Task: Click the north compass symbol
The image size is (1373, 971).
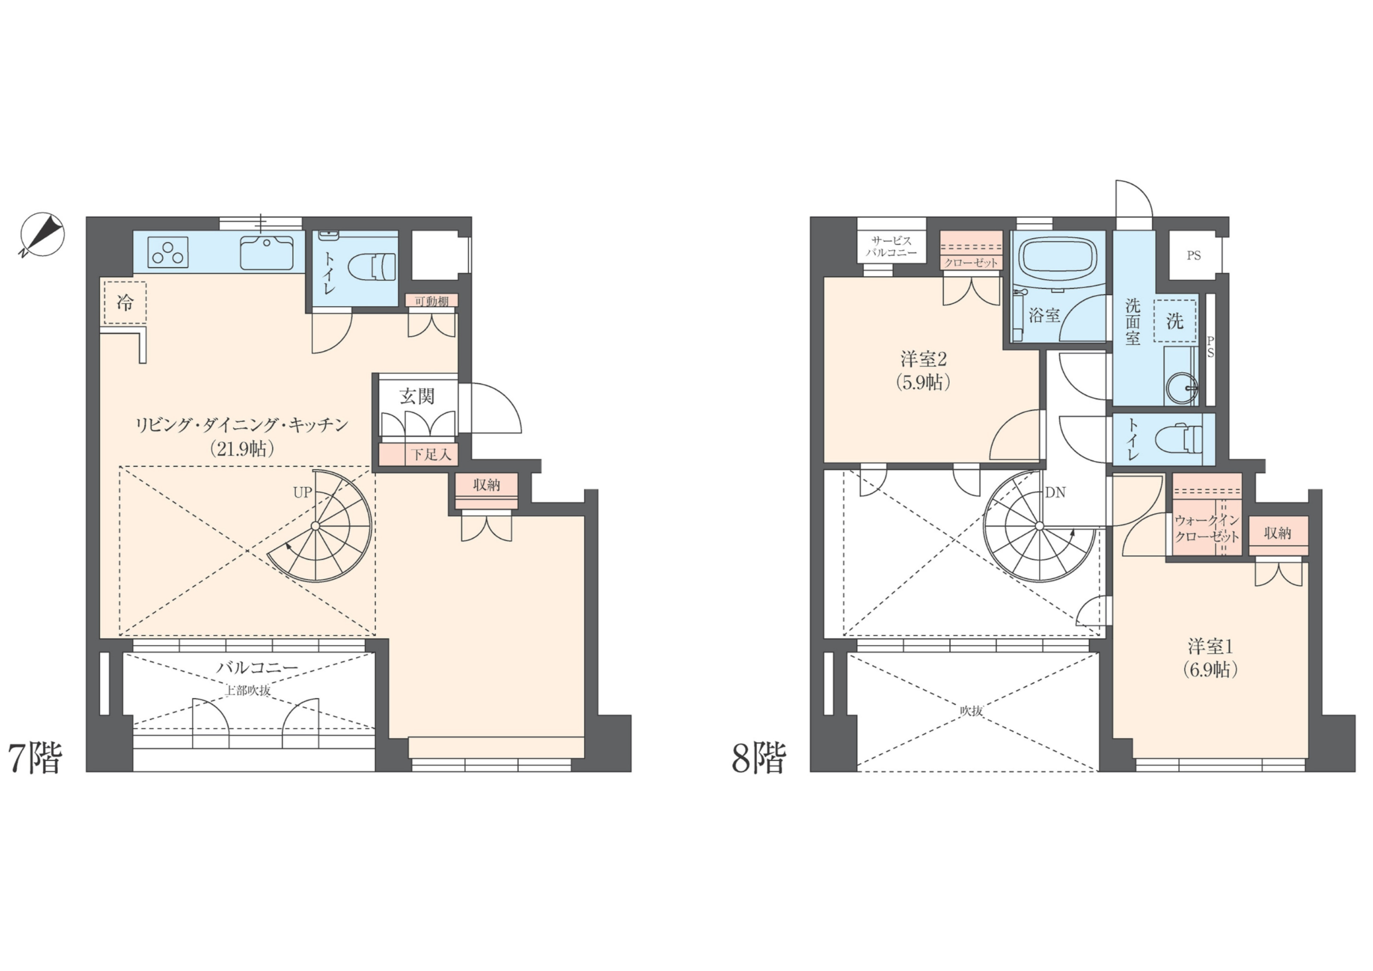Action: (42, 235)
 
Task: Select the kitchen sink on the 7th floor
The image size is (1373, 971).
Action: (267, 252)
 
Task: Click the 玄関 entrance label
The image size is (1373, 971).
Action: (417, 396)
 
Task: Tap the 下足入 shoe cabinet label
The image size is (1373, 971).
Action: (431, 455)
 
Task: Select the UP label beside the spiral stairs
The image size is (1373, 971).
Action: (303, 492)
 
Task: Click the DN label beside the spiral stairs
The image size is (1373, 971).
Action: (1055, 492)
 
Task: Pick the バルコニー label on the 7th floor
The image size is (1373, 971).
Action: (257, 667)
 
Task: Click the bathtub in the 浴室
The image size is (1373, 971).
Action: (1058, 261)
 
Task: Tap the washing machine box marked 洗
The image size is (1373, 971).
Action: (1175, 321)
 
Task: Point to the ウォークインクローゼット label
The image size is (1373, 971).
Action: (1207, 528)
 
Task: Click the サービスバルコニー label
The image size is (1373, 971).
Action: (891, 246)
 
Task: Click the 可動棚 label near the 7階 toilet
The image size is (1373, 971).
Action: (432, 301)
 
